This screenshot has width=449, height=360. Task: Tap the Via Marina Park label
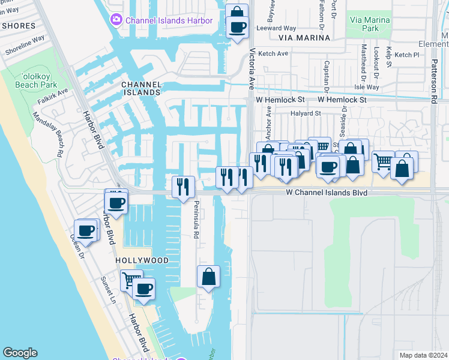click(369, 24)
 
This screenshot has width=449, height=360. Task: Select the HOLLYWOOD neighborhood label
click(142, 260)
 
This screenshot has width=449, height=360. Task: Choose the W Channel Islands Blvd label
click(326, 193)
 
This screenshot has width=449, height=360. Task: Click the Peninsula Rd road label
click(196, 220)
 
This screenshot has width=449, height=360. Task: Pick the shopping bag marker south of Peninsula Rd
click(208, 277)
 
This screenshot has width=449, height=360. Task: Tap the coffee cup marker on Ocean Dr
click(86, 230)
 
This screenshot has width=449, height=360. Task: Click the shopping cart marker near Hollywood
click(130, 279)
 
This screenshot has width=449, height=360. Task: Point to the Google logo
click(20, 352)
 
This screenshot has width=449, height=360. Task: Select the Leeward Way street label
click(276, 28)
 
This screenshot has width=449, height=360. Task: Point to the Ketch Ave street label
click(274, 53)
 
